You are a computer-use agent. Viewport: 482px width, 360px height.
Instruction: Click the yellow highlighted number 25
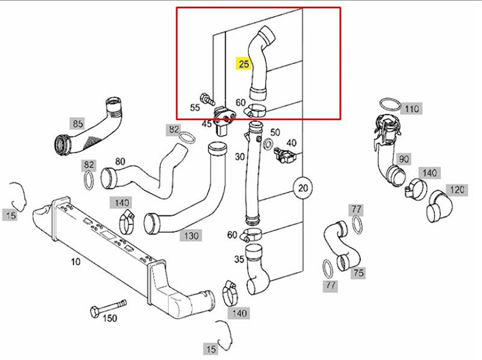243,64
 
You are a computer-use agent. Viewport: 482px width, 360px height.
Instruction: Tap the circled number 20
303,188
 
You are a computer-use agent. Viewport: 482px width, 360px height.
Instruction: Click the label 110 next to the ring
412,109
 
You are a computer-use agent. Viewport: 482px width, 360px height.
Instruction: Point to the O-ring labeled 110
390,104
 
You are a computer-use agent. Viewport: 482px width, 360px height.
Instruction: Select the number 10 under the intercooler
76,262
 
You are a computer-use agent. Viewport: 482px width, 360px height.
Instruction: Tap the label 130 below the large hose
191,236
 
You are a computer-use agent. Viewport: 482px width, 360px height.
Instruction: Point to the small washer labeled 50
269,143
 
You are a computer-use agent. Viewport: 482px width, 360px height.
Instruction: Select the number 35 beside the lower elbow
239,259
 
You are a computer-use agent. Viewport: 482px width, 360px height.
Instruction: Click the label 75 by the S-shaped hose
358,273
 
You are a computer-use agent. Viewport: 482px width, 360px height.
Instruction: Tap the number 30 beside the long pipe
240,157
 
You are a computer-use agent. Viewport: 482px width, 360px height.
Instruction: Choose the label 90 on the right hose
404,159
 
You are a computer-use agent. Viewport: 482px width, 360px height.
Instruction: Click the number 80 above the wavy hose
120,162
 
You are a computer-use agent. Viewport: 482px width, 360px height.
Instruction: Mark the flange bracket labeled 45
225,116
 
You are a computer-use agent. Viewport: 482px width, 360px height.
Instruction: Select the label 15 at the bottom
211,349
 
